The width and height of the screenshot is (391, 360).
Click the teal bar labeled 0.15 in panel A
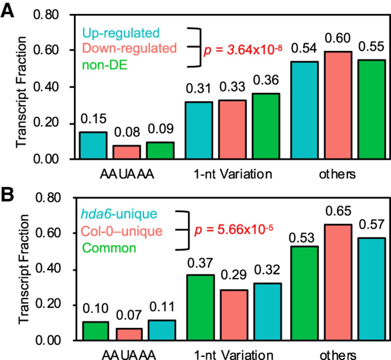tap(93, 145)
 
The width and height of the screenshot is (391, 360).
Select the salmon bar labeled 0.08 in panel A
tap(127, 152)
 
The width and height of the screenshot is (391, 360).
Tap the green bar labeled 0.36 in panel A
tap(266, 126)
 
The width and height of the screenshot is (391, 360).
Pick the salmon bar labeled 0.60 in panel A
tap(338, 105)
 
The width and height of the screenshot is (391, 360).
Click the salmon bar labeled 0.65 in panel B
tap(338, 282)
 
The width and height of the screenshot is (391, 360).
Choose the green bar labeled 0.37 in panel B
tap(201, 307)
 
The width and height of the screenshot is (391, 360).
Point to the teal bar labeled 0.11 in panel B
tap(162, 330)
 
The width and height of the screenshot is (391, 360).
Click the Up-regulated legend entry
tap(121, 33)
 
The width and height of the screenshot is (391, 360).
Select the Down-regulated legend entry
tap(130, 48)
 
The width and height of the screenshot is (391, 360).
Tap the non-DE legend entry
tap(105, 65)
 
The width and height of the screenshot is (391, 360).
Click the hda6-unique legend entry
tap(119, 214)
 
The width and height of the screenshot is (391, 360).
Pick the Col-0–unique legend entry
tap(122, 231)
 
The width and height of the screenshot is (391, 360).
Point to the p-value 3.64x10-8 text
tap(243, 50)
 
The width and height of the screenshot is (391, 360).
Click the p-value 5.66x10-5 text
tap(234, 229)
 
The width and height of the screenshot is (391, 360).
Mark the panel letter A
tap(7, 11)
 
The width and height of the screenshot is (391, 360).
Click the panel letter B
tap(7, 194)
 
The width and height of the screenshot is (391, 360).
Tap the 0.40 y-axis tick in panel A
tap(46, 87)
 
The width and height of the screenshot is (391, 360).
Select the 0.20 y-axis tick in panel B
tap(48, 304)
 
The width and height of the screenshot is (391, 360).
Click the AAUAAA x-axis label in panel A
tap(127, 174)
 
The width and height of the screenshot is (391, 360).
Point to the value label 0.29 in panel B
tap(234, 275)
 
